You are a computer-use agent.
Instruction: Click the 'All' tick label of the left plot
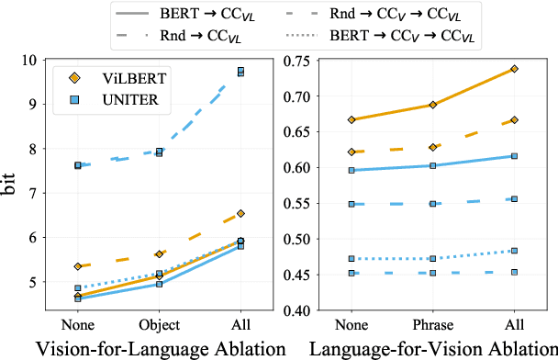(240, 324)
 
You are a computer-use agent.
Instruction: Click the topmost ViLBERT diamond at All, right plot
(514, 69)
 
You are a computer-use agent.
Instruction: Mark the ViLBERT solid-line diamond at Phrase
(432, 105)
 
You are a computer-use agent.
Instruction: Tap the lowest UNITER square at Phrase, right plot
(432, 273)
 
